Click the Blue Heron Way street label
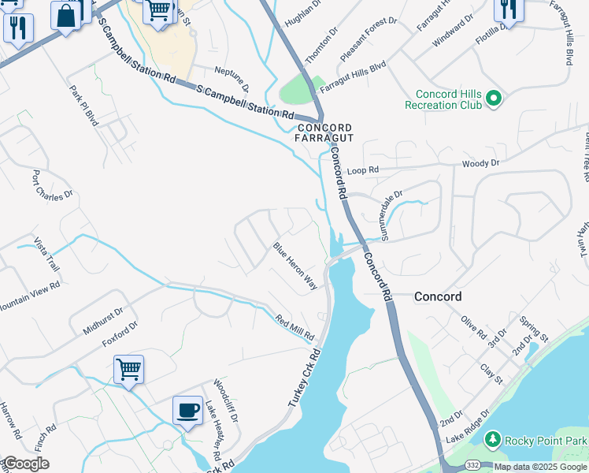tap(295, 266)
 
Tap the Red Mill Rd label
tap(295, 326)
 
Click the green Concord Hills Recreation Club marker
tap(494, 99)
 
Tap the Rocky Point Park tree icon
tap(492, 438)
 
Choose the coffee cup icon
tap(187, 410)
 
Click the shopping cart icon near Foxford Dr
tap(128, 367)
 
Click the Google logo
tap(26, 464)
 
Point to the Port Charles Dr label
tap(52, 184)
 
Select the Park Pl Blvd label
tap(83, 105)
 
